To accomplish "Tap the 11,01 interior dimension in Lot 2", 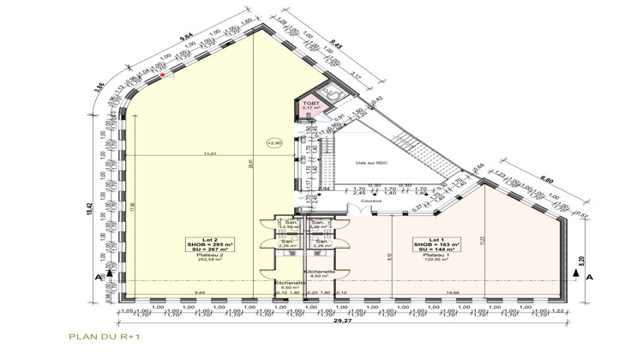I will pos(207,153).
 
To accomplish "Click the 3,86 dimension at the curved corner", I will pos(99,86).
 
